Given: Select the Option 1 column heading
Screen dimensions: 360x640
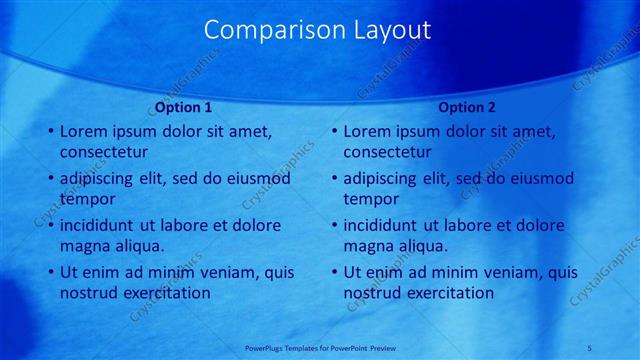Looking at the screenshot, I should tap(184, 107).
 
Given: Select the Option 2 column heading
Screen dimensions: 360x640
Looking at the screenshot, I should tap(467, 107).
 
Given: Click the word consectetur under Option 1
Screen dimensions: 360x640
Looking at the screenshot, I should tap(104, 152).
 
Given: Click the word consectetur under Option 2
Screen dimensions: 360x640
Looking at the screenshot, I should tap(388, 152).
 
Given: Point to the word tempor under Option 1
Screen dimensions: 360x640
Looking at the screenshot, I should tap(89, 199).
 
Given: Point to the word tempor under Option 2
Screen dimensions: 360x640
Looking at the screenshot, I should tap(373, 199).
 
